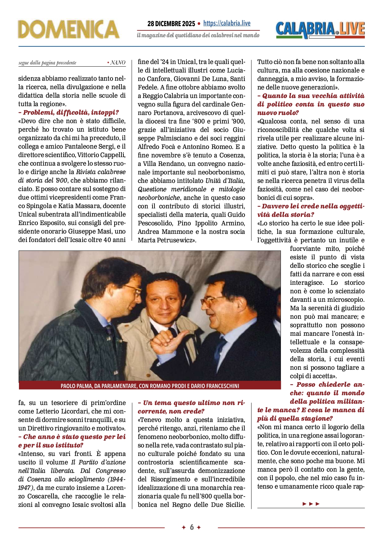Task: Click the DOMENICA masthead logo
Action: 69,29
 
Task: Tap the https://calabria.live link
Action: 227,23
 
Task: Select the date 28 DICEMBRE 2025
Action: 171,24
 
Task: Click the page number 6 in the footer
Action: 192,527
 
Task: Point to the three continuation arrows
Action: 311,504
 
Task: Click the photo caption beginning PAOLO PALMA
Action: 150,386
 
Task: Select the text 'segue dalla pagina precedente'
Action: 47,63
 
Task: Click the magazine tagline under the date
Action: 198,35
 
